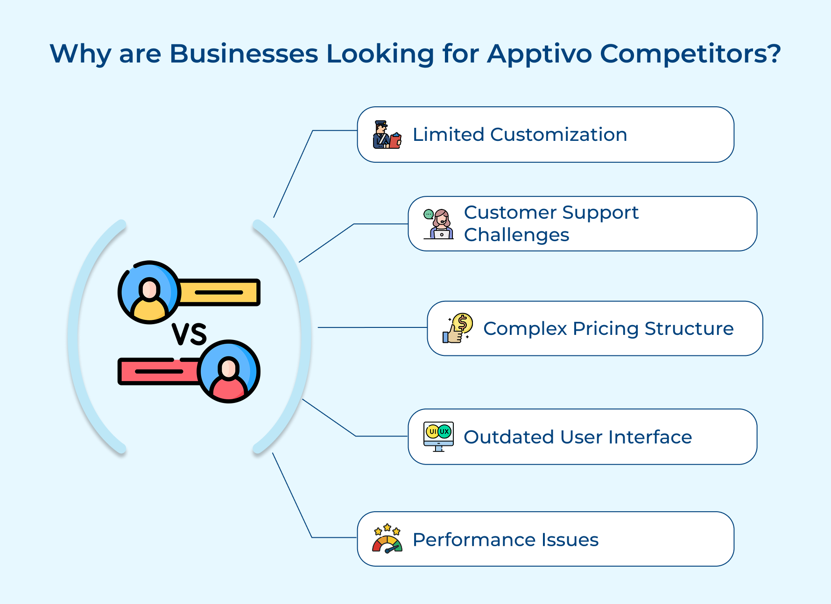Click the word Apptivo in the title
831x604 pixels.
point(539,54)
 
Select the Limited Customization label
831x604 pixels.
point(520,135)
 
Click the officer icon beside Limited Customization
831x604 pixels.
point(387,135)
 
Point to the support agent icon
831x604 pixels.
point(438,224)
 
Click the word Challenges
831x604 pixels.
point(516,235)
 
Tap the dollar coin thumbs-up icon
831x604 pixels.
point(458,328)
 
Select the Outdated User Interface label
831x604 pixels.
point(577,437)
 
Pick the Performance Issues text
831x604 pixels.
point(506,540)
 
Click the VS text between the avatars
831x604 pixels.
point(189,334)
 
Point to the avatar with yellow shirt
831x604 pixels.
point(149,292)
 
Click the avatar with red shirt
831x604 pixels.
point(228,372)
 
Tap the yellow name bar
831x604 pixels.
point(219,292)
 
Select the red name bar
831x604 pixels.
point(159,372)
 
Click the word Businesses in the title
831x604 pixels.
point(243,54)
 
